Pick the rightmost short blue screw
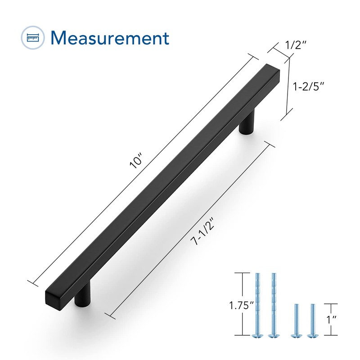(310, 320)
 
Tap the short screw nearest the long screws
(296, 320)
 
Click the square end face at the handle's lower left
(53, 297)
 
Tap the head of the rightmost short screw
(310, 335)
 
